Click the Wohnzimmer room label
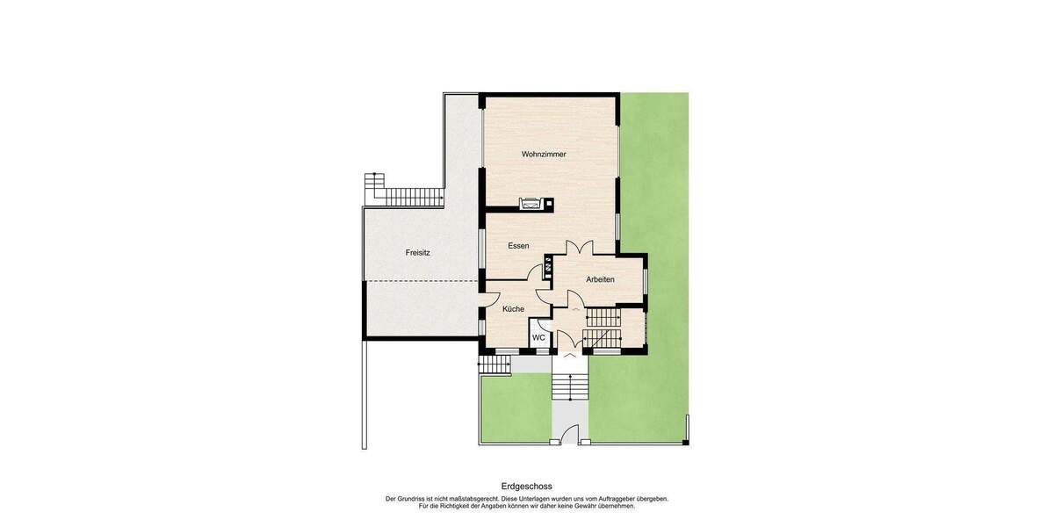click(544, 154)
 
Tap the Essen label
click(518, 246)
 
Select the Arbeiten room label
click(600, 279)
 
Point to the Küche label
click(513, 309)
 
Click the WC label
click(538, 337)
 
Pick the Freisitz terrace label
click(418, 252)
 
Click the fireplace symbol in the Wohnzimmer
click(530, 205)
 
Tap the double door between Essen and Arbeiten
click(579, 249)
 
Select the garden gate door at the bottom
click(569, 434)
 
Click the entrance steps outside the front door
click(569, 386)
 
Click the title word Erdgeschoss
click(526, 486)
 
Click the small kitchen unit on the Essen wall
click(548, 266)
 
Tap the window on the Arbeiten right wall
click(646, 279)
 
